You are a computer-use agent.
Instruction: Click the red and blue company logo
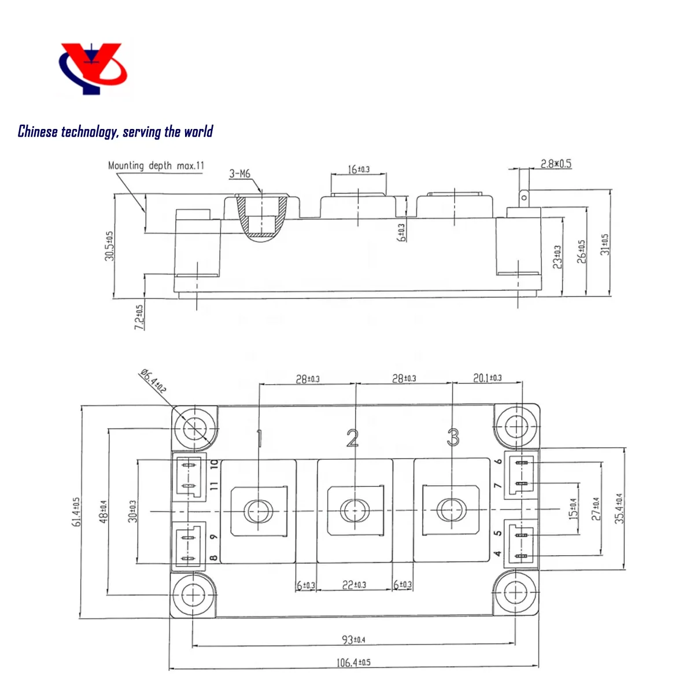(93, 68)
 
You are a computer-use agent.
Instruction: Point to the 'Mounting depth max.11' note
(156, 165)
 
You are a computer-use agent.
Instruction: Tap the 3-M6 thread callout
(239, 174)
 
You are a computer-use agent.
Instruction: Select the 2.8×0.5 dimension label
(556, 164)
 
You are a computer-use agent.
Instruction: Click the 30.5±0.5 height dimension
(109, 246)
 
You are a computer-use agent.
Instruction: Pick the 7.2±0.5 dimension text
(139, 317)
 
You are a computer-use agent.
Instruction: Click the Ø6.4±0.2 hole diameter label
(153, 381)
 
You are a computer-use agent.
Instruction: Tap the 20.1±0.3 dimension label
(488, 378)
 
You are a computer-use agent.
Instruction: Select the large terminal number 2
(352, 438)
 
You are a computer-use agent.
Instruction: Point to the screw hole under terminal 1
(258, 511)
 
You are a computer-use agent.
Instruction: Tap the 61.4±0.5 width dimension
(76, 512)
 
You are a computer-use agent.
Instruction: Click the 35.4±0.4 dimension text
(619, 508)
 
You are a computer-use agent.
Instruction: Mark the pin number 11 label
(214, 486)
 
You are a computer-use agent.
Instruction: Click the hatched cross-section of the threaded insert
(262, 217)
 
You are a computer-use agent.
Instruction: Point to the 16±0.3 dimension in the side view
(359, 169)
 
